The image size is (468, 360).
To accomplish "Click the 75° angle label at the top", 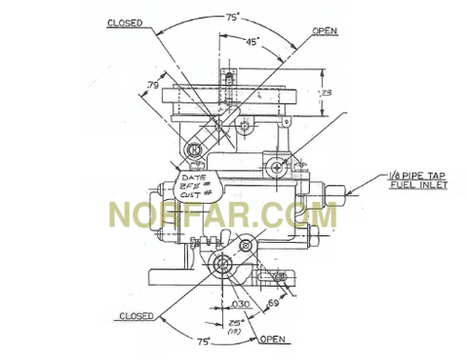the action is point(233,17).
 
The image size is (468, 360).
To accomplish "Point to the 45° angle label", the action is point(253,41).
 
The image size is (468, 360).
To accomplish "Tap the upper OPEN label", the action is point(324,31).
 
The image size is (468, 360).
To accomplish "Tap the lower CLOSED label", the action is point(136,315).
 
